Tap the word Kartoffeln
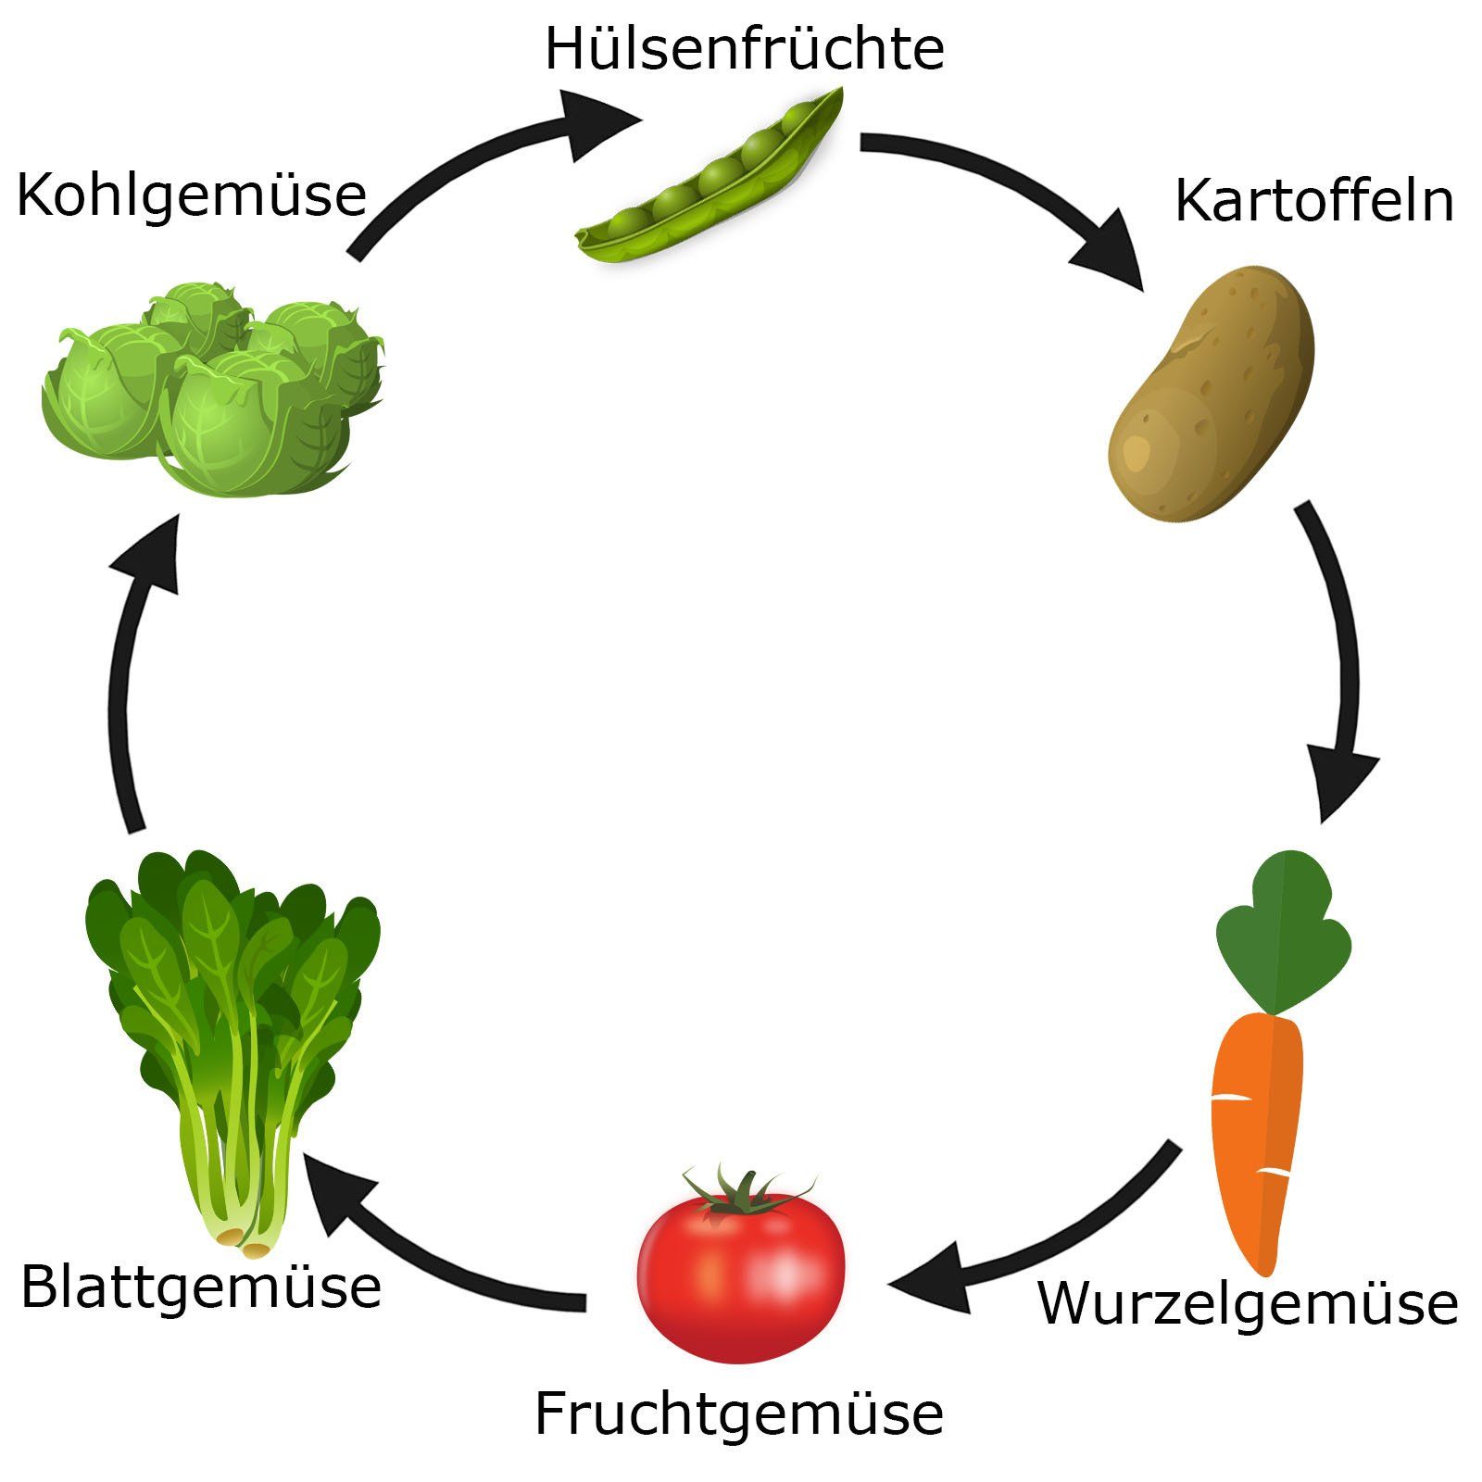(1313, 201)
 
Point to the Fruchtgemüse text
(738, 1413)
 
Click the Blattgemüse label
(201, 1287)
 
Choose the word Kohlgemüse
(192, 195)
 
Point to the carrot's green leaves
(1283, 936)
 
